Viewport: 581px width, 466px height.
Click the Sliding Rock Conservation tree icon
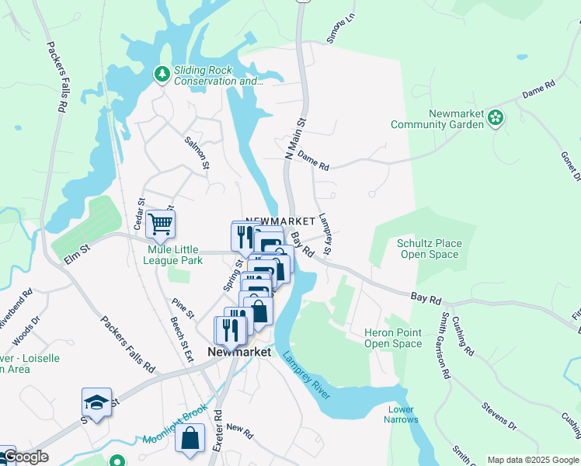tap(162, 75)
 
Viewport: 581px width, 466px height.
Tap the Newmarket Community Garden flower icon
tap(496, 118)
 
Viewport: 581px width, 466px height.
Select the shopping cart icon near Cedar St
tap(160, 224)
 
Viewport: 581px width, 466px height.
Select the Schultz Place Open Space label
tap(428, 249)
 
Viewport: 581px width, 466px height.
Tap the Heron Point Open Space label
tap(393, 338)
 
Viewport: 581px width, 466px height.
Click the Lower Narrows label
tap(401, 414)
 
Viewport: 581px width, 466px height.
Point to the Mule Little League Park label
tap(175, 255)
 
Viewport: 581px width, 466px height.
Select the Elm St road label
tap(78, 252)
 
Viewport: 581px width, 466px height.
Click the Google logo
tap(25, 457)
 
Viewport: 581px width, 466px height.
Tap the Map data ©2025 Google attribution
tap(532, 460)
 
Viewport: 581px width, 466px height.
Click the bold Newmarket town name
tap(239, 352)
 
